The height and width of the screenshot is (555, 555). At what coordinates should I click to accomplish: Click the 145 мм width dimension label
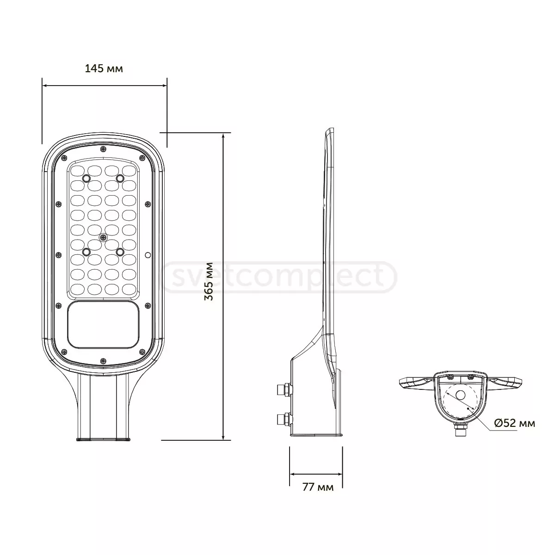tap(104, 69)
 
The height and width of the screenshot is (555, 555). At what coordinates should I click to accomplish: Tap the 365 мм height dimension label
tap(210, 282)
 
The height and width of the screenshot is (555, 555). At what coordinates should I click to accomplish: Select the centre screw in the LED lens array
tap(103, 237)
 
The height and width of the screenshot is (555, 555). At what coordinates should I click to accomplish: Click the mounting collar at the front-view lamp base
tap(102, 438)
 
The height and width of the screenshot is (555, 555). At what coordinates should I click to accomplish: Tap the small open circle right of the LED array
tap(148, 255)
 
